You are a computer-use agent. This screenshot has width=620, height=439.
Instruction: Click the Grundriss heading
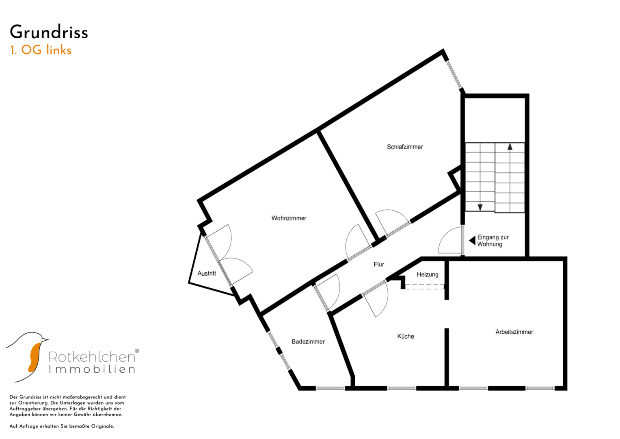point(49,33)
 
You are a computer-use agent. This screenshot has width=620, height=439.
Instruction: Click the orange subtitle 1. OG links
point(41,50)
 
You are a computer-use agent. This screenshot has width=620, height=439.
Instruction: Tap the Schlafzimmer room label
point(405,147)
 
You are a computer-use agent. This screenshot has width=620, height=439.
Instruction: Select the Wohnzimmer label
point(289,218)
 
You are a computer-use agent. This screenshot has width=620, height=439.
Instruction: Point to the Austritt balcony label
point(207,273)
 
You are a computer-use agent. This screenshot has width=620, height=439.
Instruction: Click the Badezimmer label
point(308,341)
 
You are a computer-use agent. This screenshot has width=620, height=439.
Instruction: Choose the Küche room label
point(406,336)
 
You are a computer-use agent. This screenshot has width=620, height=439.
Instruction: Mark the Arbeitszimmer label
point(514,332)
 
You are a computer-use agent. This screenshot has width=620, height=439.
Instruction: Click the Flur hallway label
point(379,264)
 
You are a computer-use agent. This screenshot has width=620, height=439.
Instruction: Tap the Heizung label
point(428,274)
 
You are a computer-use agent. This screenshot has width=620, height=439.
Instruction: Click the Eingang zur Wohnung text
point(493,241)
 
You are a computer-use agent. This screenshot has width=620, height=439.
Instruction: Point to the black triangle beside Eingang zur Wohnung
point(472,241)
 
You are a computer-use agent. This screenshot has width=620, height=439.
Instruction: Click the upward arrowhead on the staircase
point(510,146)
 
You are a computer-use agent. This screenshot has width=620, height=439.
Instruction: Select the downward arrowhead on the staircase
point(480,207)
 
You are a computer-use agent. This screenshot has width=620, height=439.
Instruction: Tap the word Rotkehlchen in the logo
point(92,357)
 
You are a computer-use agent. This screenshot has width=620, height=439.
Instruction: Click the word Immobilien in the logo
point(92,369)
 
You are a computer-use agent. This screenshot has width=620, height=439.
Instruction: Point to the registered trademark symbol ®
point(137,350)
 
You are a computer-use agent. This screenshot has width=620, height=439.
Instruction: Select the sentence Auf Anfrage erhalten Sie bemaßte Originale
point(62,426)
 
